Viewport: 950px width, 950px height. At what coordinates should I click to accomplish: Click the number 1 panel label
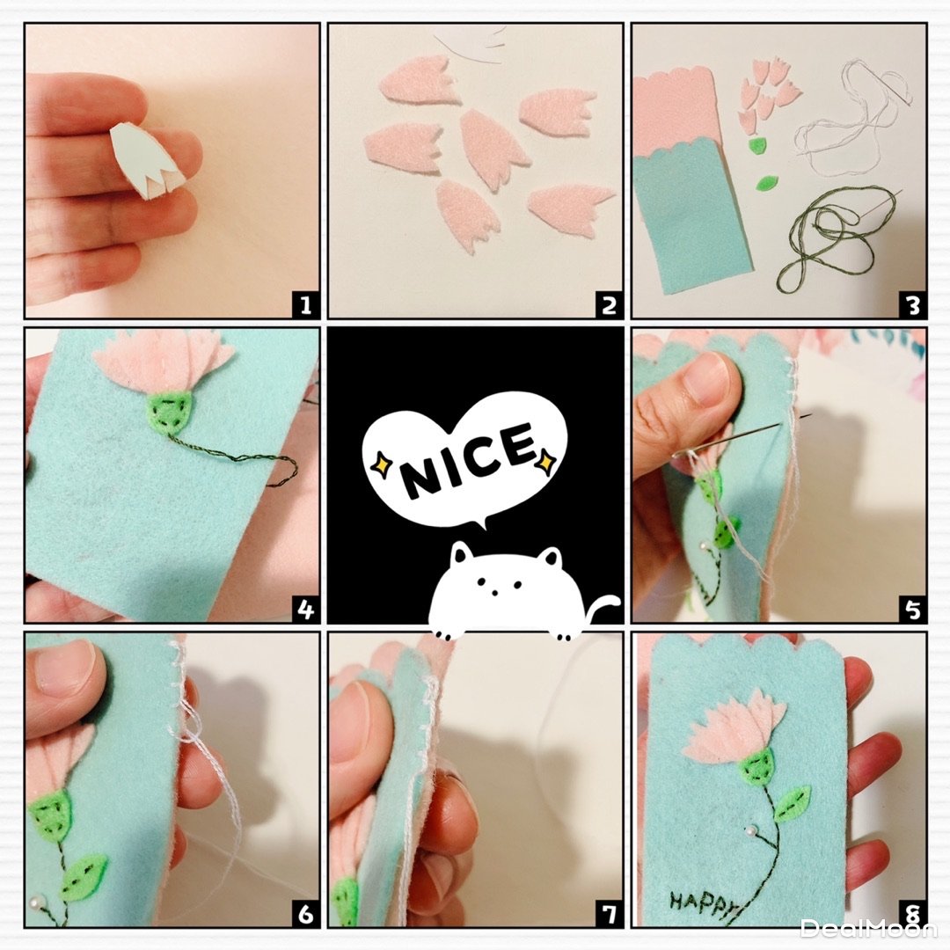click(x=305, y=303)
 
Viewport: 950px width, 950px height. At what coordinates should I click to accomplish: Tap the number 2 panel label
click(x=609, y=303)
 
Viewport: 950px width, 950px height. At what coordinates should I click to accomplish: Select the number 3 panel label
click(x=913, y=303)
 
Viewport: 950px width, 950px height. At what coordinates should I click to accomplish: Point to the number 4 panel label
click(x=305, y=609)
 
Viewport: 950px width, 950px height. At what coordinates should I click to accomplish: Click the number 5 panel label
click(x=913, y=609)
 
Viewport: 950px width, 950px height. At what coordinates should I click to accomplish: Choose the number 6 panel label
click(x=305, y=913)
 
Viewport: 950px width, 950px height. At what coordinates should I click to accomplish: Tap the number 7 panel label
click(x=609, y=913)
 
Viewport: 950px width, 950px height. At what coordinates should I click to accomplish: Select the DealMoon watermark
click(x=869, y=927)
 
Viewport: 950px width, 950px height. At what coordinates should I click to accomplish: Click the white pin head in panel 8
click(x=751, y=830)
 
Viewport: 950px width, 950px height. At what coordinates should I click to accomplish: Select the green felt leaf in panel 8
click(x=792, y=803)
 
